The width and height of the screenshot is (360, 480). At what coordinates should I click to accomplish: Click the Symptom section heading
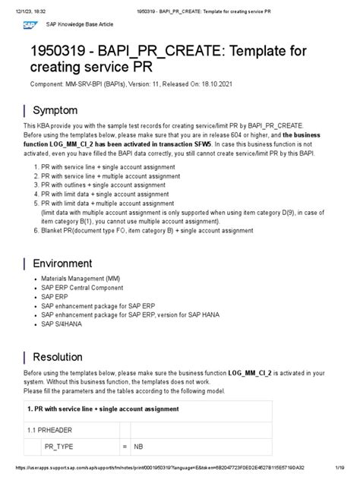56,110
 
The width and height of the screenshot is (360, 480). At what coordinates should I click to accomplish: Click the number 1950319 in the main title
65,57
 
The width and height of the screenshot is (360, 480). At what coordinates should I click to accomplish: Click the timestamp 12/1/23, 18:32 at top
29,6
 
